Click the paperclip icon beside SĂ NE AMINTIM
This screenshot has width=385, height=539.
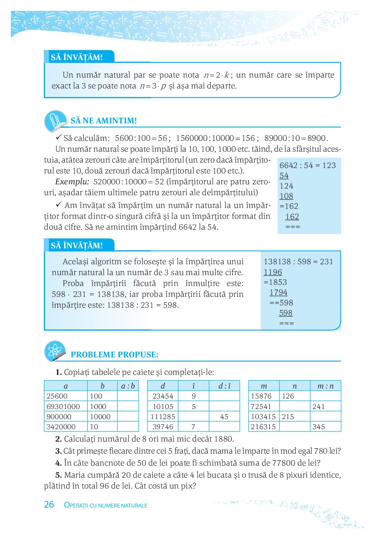pos(55,120)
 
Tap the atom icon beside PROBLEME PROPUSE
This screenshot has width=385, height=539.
pos(55,351)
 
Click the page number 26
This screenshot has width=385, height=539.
pos(49,504)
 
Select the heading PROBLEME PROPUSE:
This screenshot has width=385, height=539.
pos(114,355)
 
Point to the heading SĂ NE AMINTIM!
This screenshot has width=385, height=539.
pos(104,121)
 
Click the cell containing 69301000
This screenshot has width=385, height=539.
pos(63,406)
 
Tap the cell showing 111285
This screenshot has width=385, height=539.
pos(163,416)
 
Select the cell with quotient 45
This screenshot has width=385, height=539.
pos(224,416)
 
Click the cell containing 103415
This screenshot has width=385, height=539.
pos(264,416)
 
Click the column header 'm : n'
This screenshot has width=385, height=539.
pos(325,386)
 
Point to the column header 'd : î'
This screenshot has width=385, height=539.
pos(224,386)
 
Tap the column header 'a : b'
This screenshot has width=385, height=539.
pos(128,386)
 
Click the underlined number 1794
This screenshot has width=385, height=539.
pos(278,292)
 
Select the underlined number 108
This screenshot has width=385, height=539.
pos(286,196)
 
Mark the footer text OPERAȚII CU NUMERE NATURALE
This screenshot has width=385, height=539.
pos(106,505)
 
